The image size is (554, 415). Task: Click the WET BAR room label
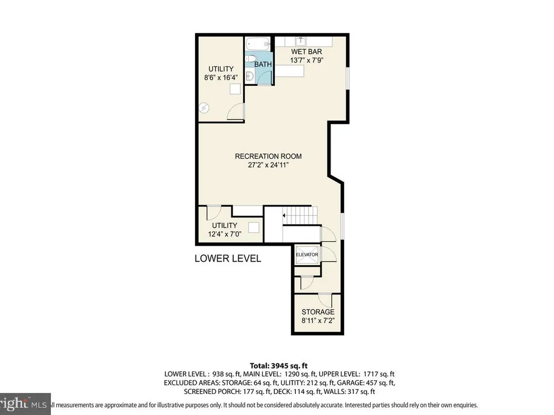pyautogui.click(x=306, y=51)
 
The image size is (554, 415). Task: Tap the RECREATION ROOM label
pyautogui.click(x=268, y=156)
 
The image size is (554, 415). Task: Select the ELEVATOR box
pyautogui.click(x=307, y=255)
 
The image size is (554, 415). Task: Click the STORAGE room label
pyautogui.click(x=317, y=312)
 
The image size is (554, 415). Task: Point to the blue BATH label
pyautogui.click(x=263, y=64)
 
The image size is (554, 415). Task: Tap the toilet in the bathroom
pyautogui.click(x=250, y=59)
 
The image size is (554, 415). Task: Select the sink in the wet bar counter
pyautogui.click(x=301, y=41)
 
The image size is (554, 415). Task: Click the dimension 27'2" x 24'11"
pyautogui.click(x=268, y=165)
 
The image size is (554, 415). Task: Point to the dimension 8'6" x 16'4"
pyautogui.click(x=221, y=77)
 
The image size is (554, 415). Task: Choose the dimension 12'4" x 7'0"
pyautogui.click(x=224, y=234)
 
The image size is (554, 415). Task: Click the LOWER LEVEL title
pyautogui.click(x=228, y=258)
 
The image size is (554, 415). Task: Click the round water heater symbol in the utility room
pyautogui.click(x=204, y=108)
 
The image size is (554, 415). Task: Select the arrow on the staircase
pyautogui.click(x=283, y=215)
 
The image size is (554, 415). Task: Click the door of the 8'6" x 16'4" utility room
pyautogui.click(x=235, y=112)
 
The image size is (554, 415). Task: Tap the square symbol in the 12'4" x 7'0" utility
pyautogui.click(x=254, y=227)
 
